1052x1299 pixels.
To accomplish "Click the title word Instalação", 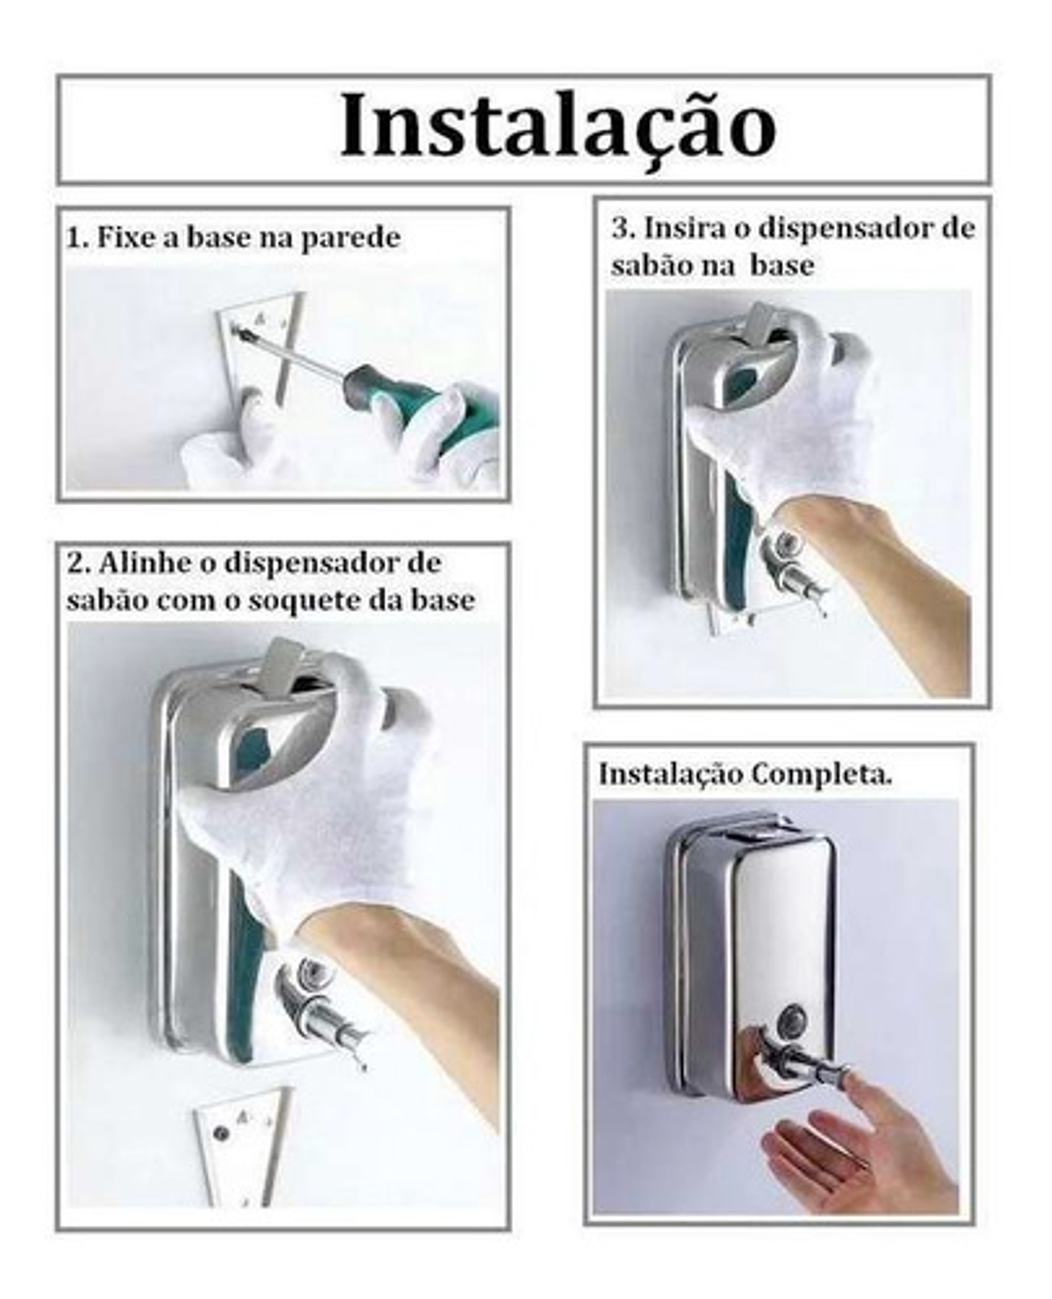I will pos(557,126).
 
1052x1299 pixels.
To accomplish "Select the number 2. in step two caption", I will pos(79,564).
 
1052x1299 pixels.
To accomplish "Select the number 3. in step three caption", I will pos(622,229).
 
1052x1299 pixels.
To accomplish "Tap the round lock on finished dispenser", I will pos(790,1016).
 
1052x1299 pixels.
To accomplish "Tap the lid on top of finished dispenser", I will pos(752,826).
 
